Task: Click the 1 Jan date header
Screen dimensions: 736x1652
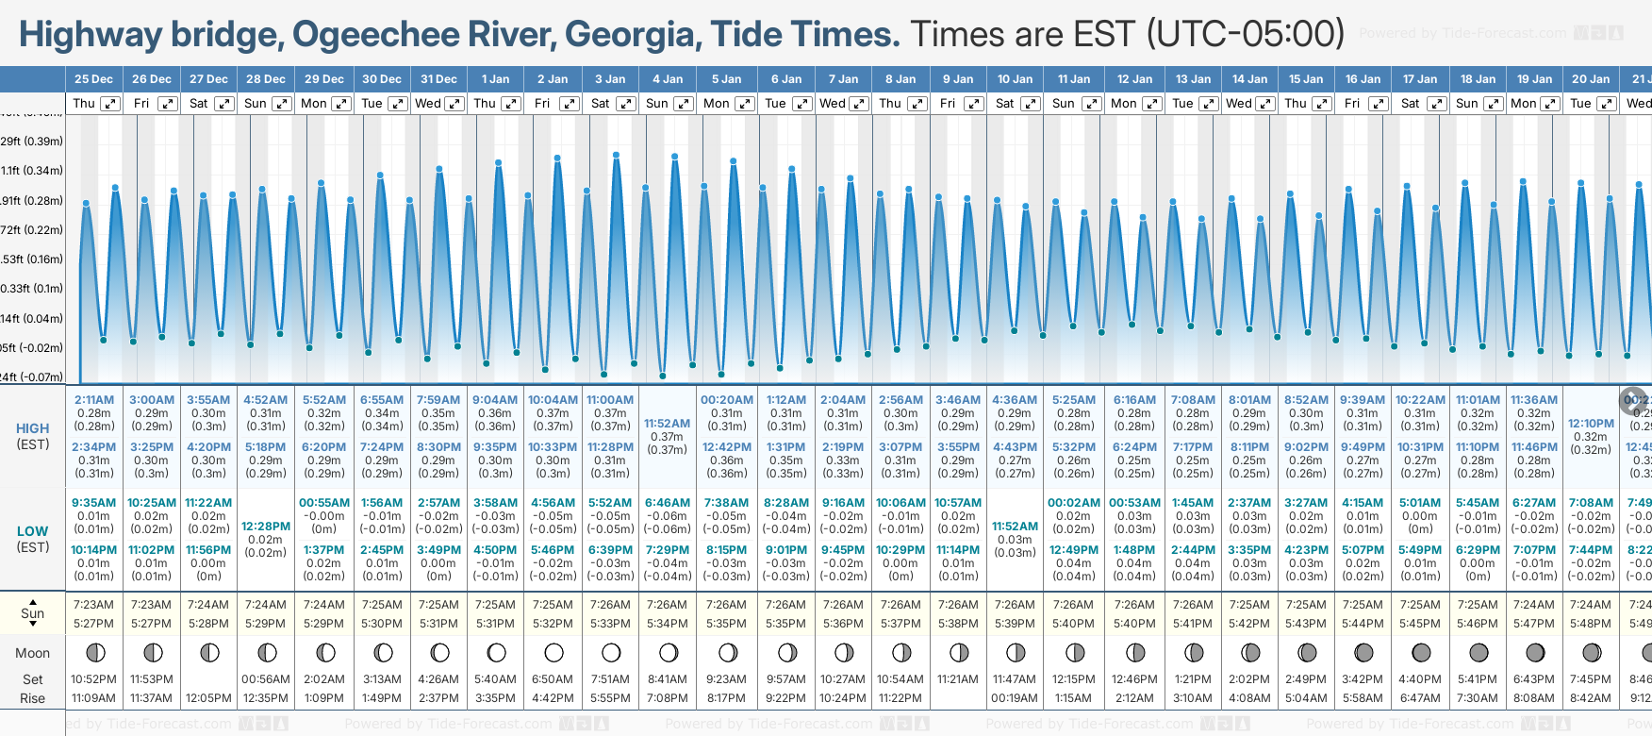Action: pos(495,79)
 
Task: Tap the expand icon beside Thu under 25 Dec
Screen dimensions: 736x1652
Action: pos(110,104)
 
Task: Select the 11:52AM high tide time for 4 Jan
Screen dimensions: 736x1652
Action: pos(668,424)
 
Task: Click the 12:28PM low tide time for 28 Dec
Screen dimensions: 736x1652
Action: pos(266,527)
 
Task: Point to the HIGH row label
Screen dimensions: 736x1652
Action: pos(33,428)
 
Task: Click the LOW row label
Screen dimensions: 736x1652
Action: pos(33,531)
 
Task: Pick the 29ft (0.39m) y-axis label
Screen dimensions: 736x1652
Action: pos(31,142)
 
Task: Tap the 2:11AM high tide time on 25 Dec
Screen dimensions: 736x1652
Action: pos(94,400)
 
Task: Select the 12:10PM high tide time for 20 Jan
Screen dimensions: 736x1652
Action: pos(1591,424)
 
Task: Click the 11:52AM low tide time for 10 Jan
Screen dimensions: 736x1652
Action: pos(1015,527)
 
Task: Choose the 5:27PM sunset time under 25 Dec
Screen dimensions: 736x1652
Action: pos(94,624)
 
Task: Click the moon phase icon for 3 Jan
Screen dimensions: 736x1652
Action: pos(611,652)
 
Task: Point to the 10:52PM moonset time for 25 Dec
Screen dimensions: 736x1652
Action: pos(94,679)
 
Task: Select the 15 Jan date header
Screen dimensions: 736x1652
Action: pos(1307,79)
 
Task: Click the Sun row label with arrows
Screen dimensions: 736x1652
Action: pos(33,613)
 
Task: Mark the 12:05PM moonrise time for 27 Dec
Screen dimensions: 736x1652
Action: pos(208,698)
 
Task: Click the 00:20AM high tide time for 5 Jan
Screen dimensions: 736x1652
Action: pos(727,400)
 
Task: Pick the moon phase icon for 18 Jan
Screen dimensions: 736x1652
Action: pos(1478,652)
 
